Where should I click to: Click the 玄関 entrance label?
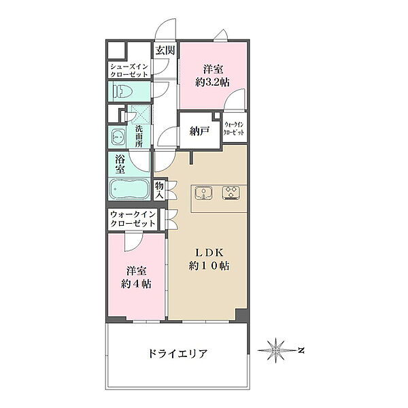pos(165,50)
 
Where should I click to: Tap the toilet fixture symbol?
pos(122,91)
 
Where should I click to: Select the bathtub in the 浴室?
pos(129,189)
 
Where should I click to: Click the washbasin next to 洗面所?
pos(118,137)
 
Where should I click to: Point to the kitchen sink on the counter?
pos(203,193)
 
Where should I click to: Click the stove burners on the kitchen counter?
pos(231,193)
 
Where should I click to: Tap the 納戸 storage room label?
pos(199,132)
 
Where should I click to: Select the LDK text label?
pos(209,252)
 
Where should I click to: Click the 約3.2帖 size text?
pos(212,82)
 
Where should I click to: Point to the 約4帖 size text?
pos(136,284)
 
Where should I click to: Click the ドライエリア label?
pos(177,354)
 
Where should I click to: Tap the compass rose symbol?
pos(275,350)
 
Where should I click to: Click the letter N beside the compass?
pos(301,350)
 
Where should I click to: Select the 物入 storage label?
pos(159,190)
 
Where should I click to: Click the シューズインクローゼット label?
pos(129,70)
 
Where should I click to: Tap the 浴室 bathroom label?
pos(120,164)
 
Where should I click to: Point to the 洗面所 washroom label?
pos(139,136)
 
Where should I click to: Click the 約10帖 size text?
pos(209,266)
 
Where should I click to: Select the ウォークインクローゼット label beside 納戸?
pos(234,129)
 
